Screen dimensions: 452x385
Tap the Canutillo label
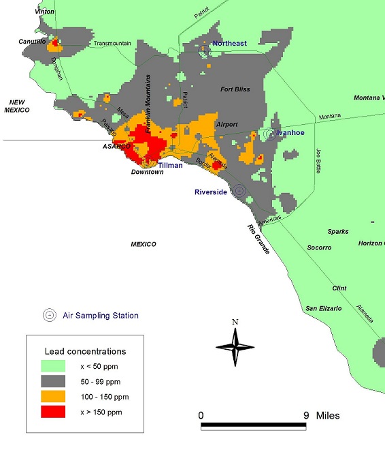point(32,42)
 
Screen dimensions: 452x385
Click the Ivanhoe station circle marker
point(270,134)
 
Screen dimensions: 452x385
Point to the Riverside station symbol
point(238,192)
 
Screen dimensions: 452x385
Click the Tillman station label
point(170,166)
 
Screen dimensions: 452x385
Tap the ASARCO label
point(116,147)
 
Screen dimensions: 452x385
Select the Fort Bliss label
point(236,89)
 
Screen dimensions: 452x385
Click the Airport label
point(227,125)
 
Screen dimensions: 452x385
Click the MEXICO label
point(144,244)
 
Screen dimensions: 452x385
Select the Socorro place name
point(319,247)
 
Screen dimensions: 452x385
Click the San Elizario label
point(322,309)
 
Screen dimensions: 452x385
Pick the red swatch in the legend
point(52,411)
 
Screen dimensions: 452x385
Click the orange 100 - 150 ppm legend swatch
point(52,396)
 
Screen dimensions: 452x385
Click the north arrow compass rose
point(235,346)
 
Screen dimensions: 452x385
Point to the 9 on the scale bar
point(306,415)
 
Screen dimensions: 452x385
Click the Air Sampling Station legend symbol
point(50,315)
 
